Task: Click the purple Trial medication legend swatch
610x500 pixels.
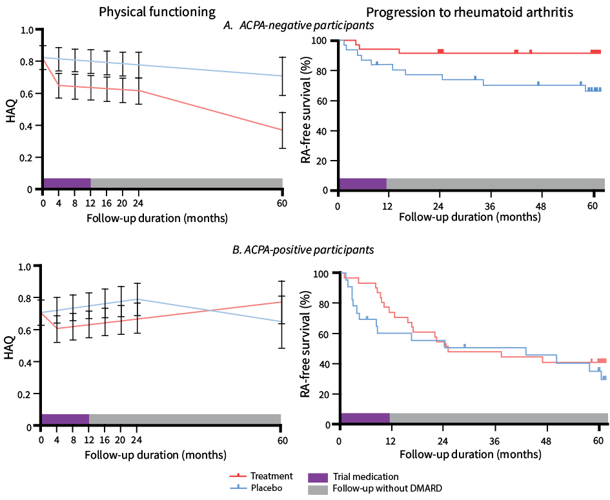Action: click(x=318, y=477)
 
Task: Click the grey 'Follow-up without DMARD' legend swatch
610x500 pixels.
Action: click(x=318, y=490)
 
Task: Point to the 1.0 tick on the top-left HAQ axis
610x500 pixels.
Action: click(x=26, y=30)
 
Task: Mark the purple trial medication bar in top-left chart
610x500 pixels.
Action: click(x=67, y=183)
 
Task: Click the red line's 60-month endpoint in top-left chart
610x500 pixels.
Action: click(x=282, y=130)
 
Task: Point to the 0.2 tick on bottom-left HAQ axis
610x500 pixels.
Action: click(x=25, y=394)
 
